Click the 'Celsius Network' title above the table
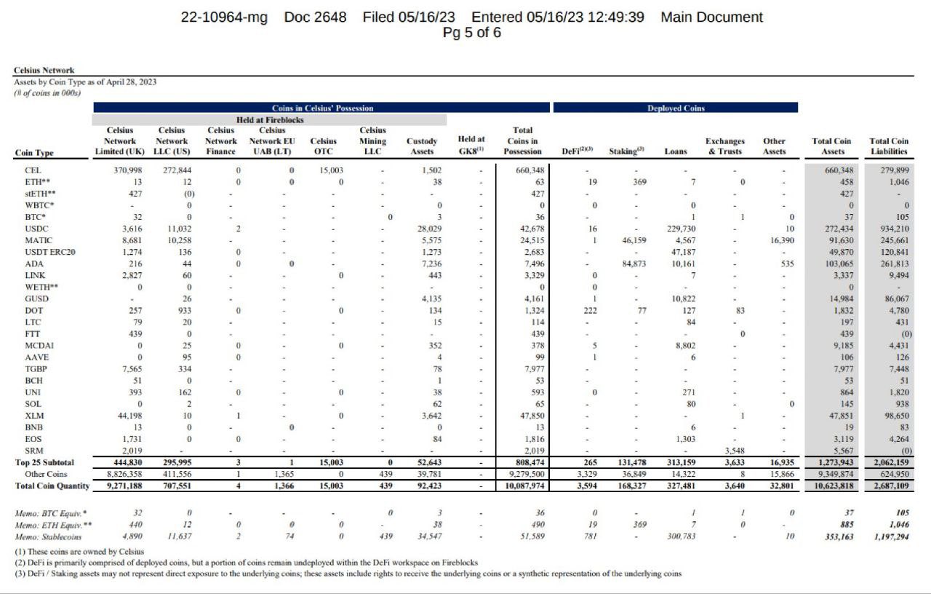click(44, 71)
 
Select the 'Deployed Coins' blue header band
click(675, 108)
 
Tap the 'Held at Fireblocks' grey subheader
click(270, 119)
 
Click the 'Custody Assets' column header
click(422, 146)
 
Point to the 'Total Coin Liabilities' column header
click(889, 146)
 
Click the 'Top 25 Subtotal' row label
click(44, 462)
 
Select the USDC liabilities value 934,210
click(891, 229)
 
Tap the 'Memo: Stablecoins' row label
click(49, 536)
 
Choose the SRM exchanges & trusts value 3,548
click(730, 451)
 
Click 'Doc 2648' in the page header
click(315, 17)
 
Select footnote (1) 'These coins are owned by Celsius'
click(79, 551)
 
